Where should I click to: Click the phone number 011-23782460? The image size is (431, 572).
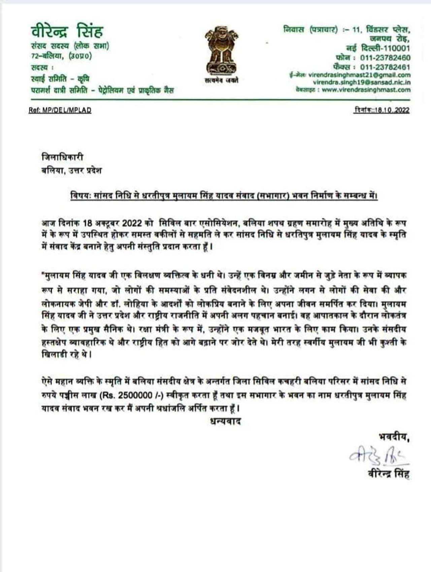pyautogui.click(x=385, y=58)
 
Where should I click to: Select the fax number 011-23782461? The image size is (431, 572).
pyautogui.click(x=385, y=67)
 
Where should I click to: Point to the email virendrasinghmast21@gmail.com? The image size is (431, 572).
pyautogui.click(x=359, y=75)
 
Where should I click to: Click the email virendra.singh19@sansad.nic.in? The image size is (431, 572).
pyautogui.click(x=362, y=83)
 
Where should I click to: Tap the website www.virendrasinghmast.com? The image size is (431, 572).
pyautogui.click(x=366, y=90)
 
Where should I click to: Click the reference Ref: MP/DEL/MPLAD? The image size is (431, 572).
pyautogui.click(x=60, y=110)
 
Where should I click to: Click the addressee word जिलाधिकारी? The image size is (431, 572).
pyautogui.click(x=63, y=157)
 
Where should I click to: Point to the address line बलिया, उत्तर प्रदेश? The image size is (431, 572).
pyautogui.click(x=71, y=170)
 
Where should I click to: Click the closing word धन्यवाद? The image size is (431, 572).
pyautogui.click(x=225, y=421)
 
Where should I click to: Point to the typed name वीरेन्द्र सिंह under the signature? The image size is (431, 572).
pyautogui.click(x=388, y=475)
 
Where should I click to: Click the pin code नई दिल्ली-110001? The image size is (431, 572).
pyautogui.click(x=378, y=48)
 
